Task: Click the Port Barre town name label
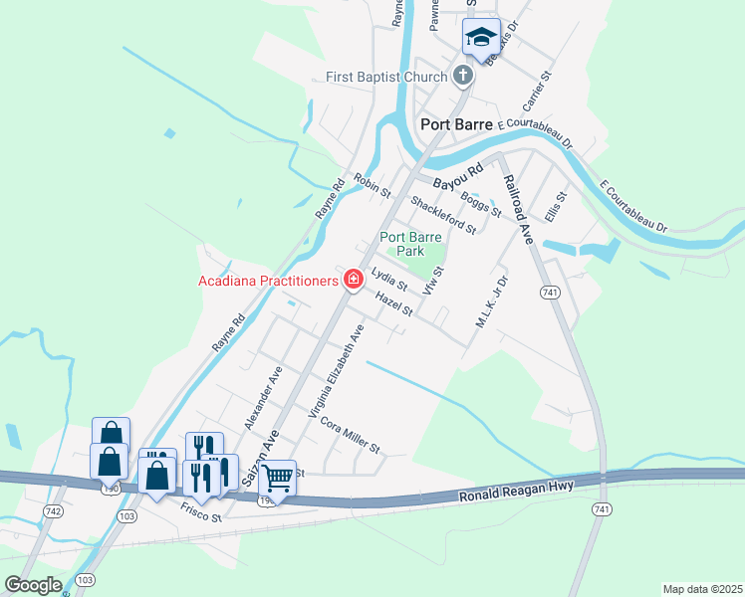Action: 458,124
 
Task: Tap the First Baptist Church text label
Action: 386,77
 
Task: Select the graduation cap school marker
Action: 481,38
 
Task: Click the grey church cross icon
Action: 462,75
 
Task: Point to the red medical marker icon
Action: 353,280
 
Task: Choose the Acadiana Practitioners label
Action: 268,280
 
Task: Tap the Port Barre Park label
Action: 409,244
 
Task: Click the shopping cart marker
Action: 278,477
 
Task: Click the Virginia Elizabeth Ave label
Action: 341,370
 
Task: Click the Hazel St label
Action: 394,304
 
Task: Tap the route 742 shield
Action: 53,510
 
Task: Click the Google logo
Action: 33,585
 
